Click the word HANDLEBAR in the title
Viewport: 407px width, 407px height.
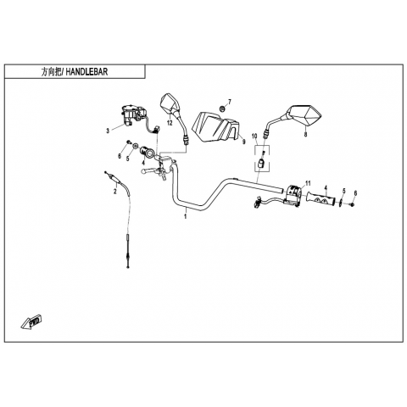86,72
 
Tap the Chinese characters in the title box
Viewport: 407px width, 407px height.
51,72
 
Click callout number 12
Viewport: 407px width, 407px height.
170,123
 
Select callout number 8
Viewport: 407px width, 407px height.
305,135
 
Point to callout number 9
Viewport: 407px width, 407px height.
244,142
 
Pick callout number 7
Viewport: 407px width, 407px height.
230,102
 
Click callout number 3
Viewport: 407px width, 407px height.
108,131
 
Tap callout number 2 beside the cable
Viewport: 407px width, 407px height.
114,192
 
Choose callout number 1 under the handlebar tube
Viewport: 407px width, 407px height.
186,217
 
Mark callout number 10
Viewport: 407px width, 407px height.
254,137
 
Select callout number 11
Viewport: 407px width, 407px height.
308,183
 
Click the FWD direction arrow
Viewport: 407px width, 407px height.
31,322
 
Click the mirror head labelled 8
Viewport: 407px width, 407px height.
304,115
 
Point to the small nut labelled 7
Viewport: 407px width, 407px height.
222,109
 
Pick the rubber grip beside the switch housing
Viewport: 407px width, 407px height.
321,198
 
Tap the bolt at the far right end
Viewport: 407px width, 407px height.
352,204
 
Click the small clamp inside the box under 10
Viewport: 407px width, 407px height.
260,163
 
